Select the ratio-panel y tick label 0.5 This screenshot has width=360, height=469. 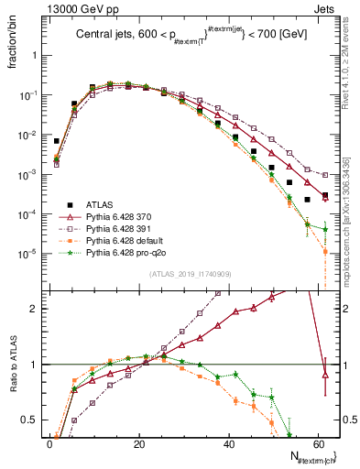pos(30,421)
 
